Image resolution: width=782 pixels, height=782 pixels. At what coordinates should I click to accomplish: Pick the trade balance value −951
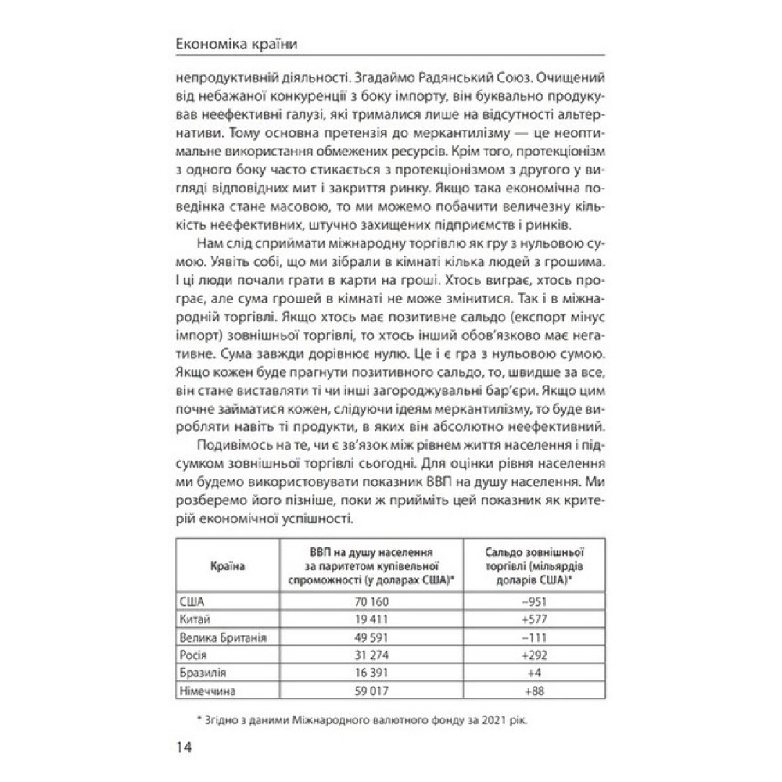[x=533, y=601]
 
